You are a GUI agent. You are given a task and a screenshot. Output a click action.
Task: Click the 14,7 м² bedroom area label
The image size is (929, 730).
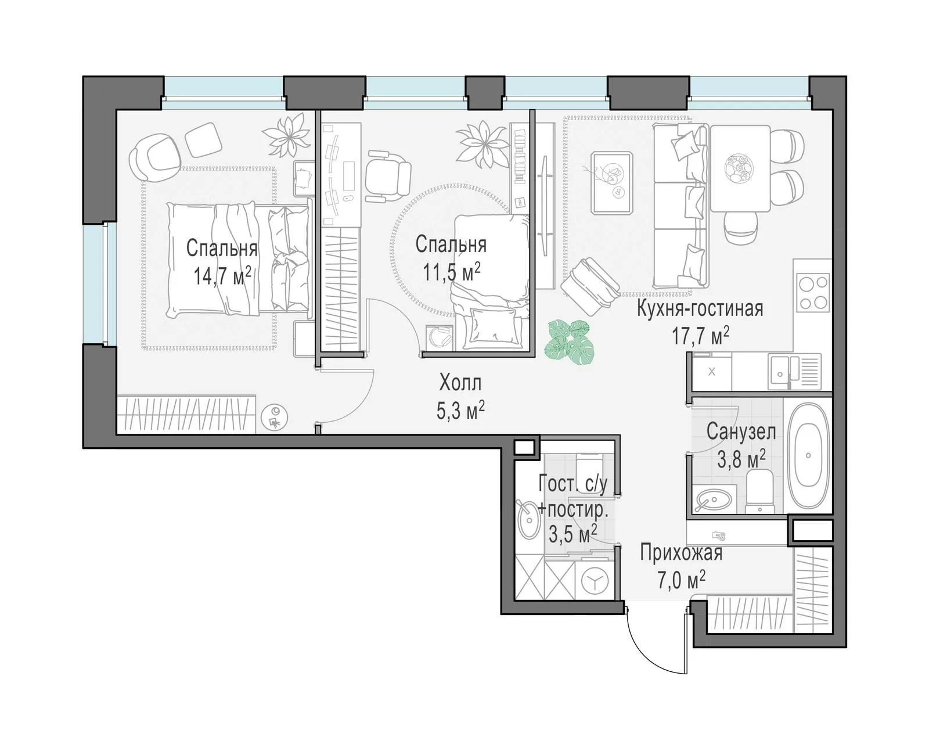click(x=222, y=276)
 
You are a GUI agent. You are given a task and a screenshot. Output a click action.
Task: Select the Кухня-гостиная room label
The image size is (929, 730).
click(x=700, y=309)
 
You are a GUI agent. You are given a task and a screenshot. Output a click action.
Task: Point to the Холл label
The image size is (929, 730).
click(x=460, y=383)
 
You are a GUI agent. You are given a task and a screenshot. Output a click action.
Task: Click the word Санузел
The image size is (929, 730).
click(x=741, y=431)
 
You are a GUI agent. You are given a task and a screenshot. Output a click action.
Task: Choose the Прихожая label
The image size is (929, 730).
click(x=681, y=553)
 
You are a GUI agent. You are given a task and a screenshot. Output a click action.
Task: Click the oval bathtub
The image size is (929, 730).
click(x=808, y=456)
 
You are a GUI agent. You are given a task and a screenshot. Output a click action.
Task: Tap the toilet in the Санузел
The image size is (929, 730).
click(x=759, y=491)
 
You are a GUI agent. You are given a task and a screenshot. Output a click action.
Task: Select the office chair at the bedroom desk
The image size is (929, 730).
click(x=387, y=175)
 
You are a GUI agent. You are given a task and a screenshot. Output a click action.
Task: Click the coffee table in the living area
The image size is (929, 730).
click(x=612, y=183)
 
